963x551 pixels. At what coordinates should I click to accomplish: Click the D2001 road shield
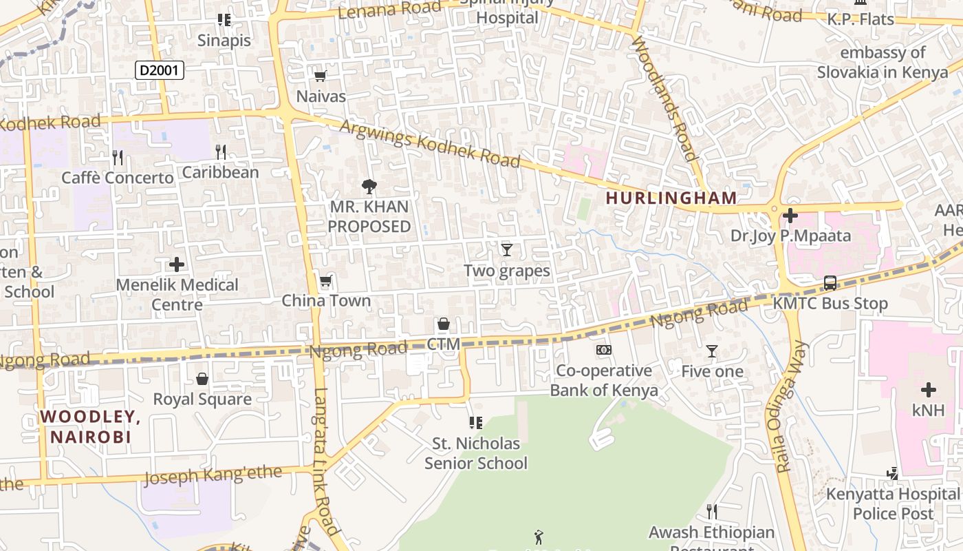(x=160, y=70)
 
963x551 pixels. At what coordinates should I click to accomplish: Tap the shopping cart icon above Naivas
(x=320, y=76)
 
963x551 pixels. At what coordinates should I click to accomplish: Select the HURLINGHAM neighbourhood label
(x=671, y=198)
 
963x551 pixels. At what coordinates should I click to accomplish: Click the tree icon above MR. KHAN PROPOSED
(x=369, y=186)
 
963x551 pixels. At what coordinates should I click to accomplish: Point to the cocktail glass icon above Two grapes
(x=507, y=249)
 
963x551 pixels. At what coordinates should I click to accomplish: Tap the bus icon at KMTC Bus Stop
(x=830, y=283)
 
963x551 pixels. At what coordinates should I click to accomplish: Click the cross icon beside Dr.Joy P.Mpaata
(x=790, y=216)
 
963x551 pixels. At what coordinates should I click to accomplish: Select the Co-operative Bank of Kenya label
(x=603, y=380)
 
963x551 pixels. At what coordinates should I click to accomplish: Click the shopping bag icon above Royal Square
(x=202, y=379)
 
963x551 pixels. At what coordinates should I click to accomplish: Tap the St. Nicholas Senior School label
(x=475, y=453)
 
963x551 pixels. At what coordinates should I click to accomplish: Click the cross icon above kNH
(x=929, y=390)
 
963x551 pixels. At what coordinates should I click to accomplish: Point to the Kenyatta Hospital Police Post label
(x=893, y=503)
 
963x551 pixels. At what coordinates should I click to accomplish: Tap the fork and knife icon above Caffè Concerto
(x=118, y=158)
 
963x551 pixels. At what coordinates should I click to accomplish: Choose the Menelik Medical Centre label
(x=177, y=294)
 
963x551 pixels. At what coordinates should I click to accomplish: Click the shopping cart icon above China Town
(x=325, y=281)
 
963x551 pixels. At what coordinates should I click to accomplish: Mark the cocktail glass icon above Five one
(x=712, y=351)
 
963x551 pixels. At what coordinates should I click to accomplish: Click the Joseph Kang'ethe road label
(x=213, y=475)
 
